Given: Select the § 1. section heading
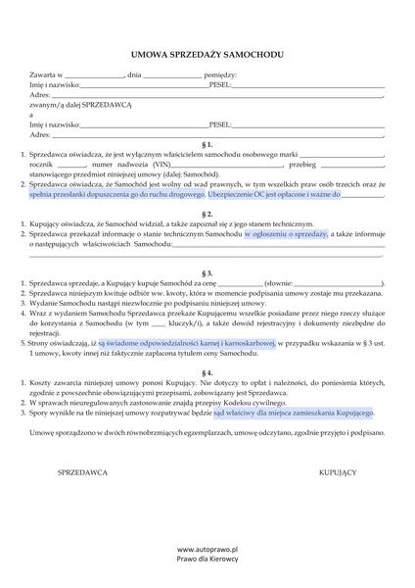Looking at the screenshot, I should click(x=207, y=143).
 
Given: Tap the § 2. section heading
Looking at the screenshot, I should click(x=207, y=213).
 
